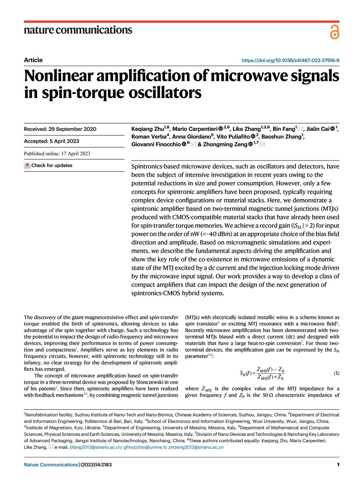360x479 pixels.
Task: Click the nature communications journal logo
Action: pyautogui.click(x=78, y=30)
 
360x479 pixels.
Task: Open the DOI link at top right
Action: pyautogui.click(x=291, y=60)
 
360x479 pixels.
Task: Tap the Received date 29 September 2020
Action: pyautogui.click(x=60, y=129)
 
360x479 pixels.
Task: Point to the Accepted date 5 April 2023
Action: pyautogui.click(x=57, y=141)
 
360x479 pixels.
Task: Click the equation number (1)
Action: pyautogui.click(x=336, y=373)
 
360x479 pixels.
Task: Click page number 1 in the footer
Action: pyautogui.click(x=338, y=465)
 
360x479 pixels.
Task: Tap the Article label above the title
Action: pyautogui.click(x=33, y=60)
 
